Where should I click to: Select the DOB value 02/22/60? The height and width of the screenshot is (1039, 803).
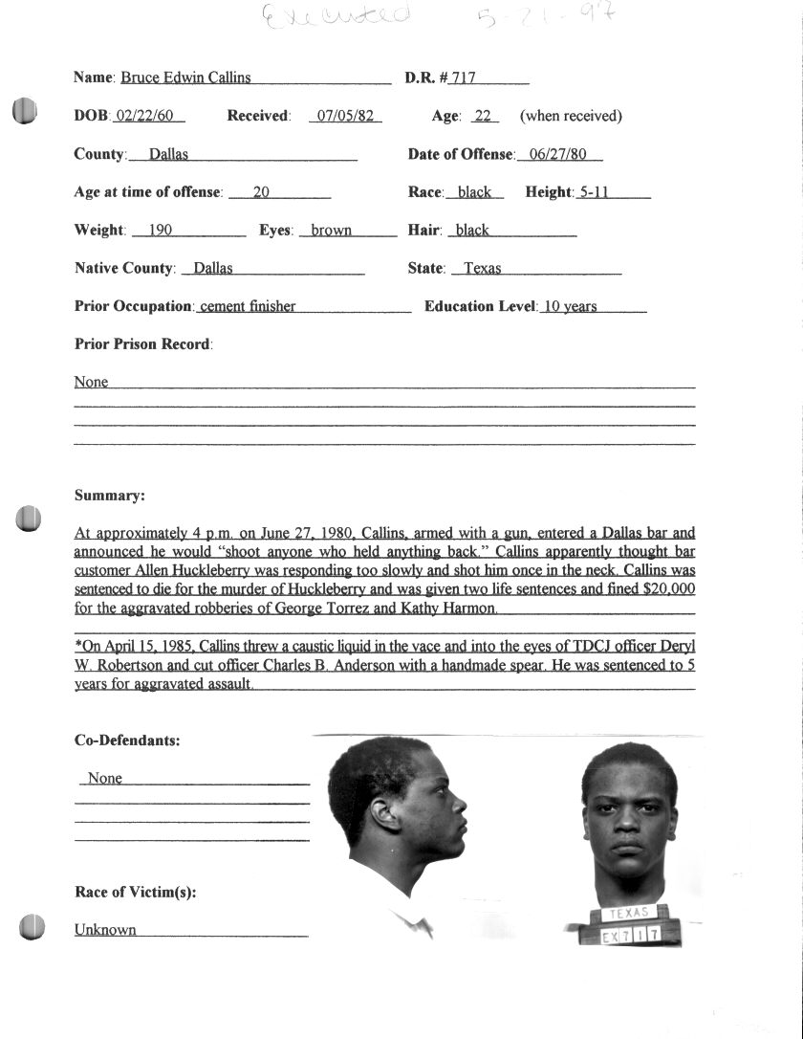[147, 117]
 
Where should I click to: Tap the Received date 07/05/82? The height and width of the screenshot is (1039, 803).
[346, 117]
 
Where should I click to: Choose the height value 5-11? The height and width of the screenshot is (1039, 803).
[594, 192]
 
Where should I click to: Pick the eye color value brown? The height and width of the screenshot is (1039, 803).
[331, 231]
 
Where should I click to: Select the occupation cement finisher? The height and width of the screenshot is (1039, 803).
[248, 307]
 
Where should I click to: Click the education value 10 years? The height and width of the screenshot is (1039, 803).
[570, 307]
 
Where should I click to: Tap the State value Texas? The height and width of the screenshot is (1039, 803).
[483, 269]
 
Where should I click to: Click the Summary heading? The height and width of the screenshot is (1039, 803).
[110, 496]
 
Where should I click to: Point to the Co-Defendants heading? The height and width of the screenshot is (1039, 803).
[127, 741]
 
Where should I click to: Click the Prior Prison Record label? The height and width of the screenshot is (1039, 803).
[143, 344]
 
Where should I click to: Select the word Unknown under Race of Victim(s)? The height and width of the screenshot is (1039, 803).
[105, 930]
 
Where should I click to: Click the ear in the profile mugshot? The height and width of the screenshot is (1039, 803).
[385, 815]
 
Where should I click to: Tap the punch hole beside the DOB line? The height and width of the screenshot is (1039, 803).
[25, 112]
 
